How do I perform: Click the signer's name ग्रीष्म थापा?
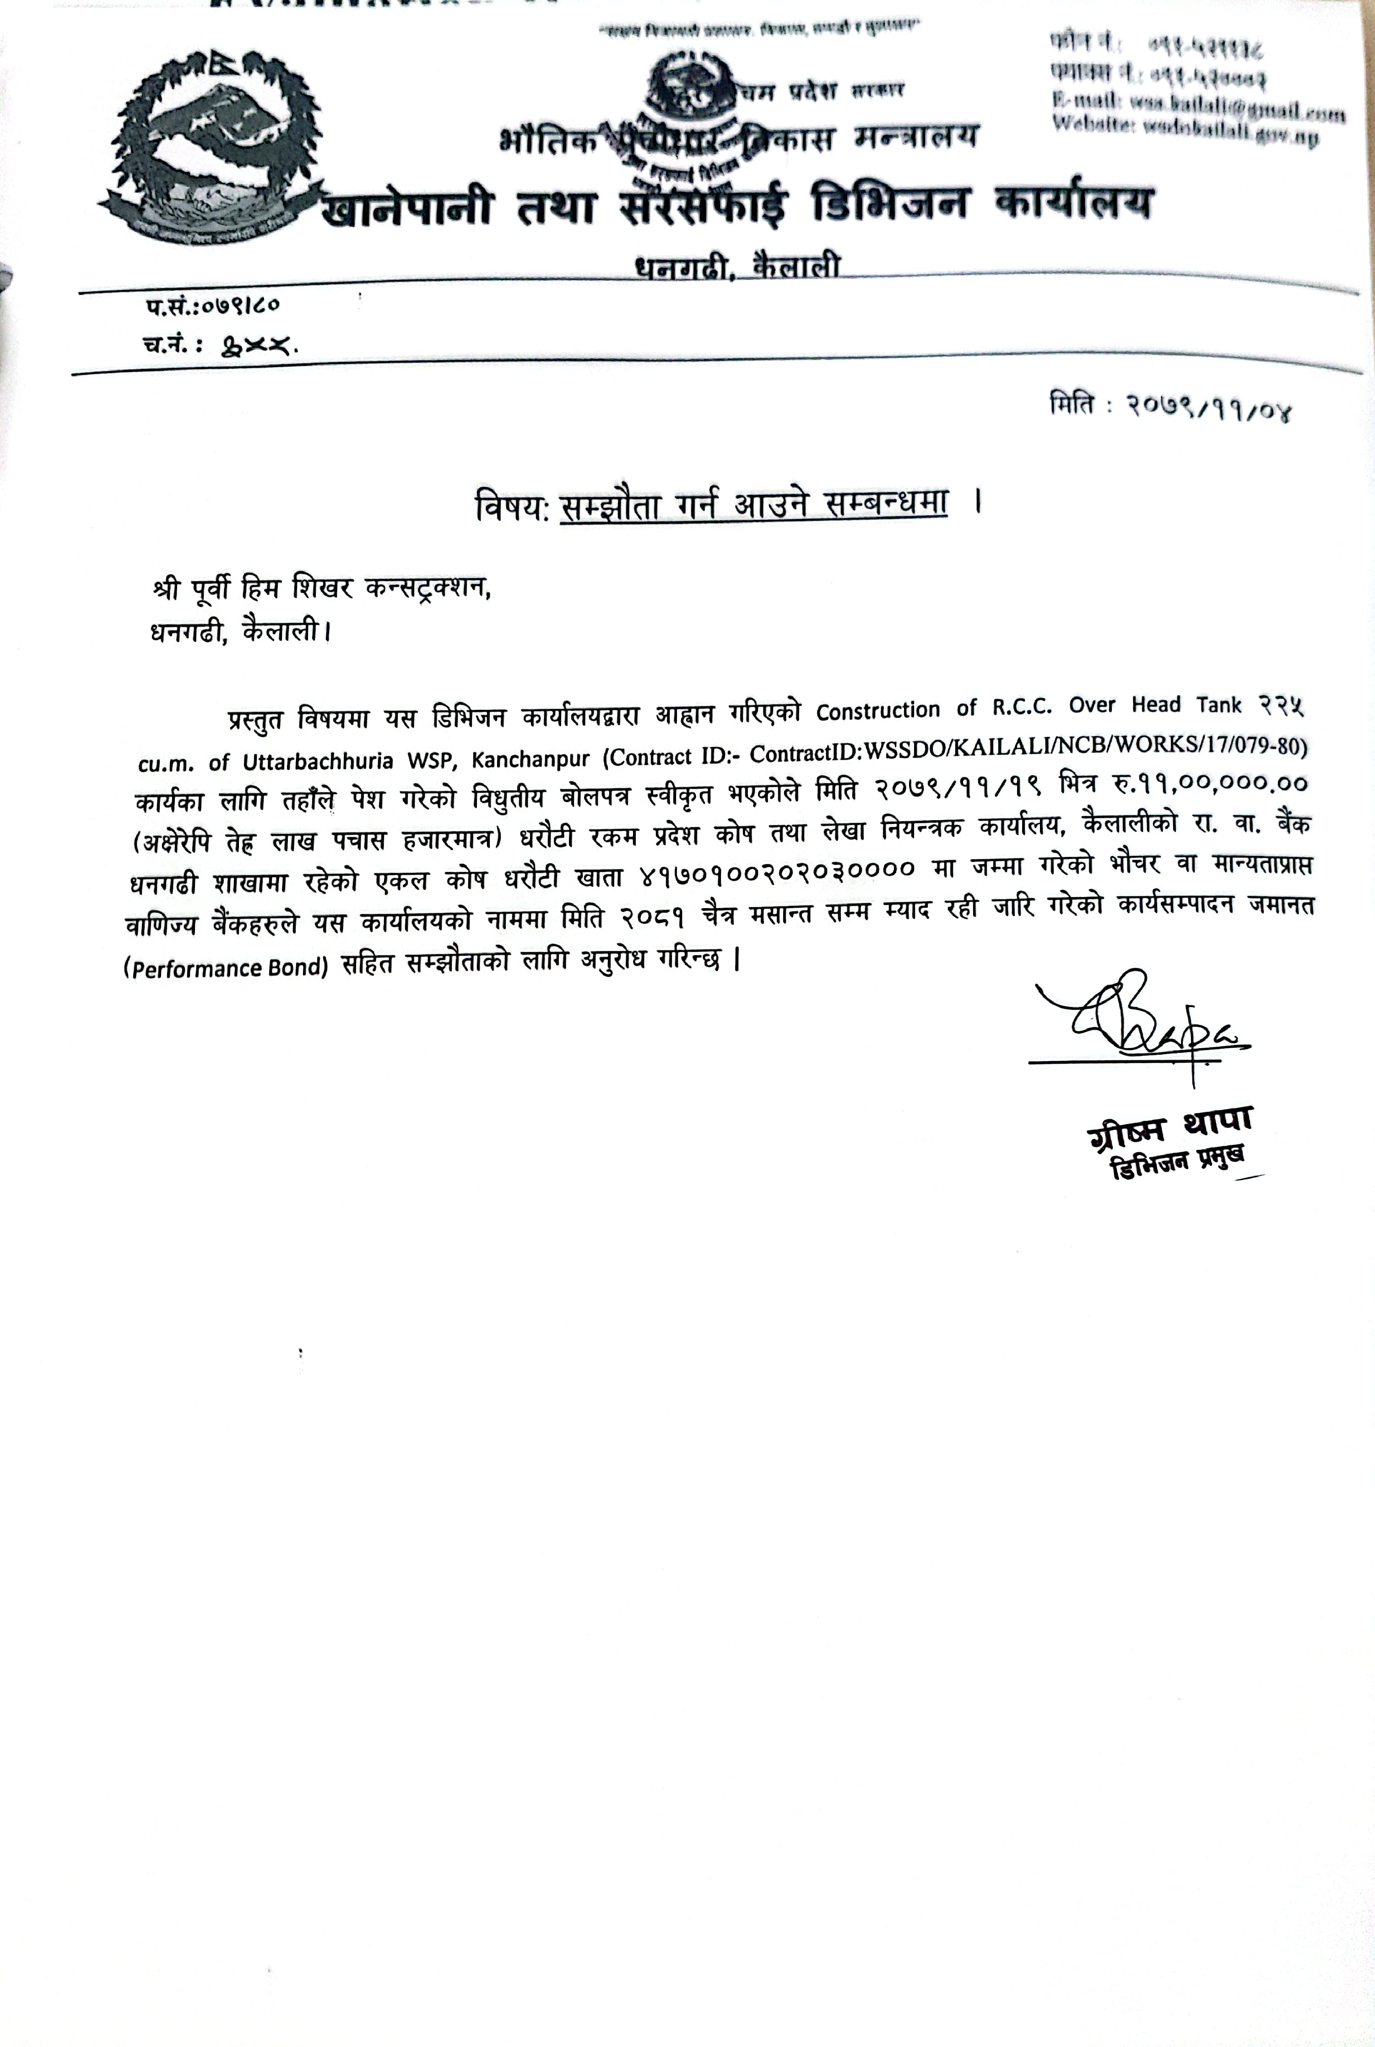(1169, 1127)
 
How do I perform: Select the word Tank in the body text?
(1219, 704)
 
